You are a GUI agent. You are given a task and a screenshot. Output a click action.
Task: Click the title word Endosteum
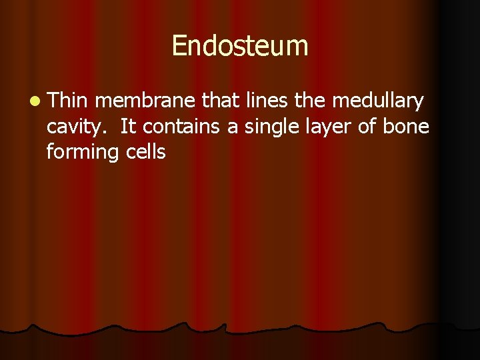pyautogui.click(x=240, y=46)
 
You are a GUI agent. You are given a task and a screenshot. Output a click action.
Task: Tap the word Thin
pyautogui.click(x=67, y=101)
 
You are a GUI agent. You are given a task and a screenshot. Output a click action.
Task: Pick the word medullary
pyautogui.click(x=377, y=102)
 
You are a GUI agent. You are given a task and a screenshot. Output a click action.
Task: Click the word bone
pyautogui.click(x=406, y=126)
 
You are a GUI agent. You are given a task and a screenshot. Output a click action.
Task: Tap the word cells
pyautogui.click(x=145, y=151)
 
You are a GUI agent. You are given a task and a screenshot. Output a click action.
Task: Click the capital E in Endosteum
pyautogui.click(x=179, y=46)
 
